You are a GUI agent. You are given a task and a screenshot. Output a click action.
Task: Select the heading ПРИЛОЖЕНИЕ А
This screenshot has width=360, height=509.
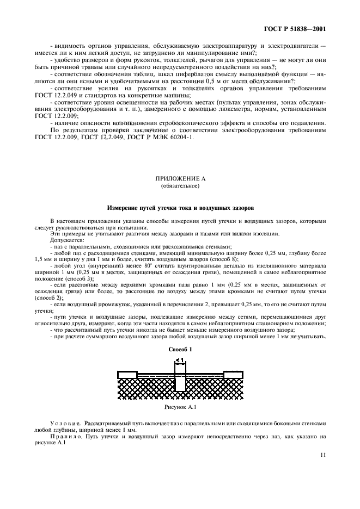[x=180, y=178]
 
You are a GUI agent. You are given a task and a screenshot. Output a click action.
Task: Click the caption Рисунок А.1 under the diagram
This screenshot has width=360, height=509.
[x=180, y=406]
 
